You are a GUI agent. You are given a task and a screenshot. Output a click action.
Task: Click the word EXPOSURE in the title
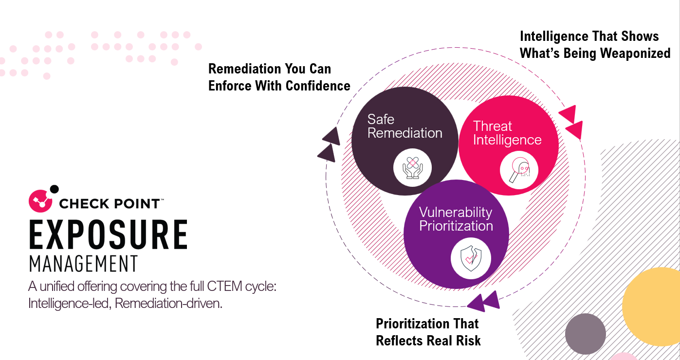coord(108,235)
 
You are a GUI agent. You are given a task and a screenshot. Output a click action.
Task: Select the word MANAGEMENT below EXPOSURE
coord(83,264)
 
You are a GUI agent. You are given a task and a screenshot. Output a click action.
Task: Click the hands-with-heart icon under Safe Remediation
coord(412,167)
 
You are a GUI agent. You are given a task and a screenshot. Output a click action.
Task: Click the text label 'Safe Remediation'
coord(404,126)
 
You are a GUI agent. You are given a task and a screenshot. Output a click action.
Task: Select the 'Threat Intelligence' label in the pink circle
coord(507,133)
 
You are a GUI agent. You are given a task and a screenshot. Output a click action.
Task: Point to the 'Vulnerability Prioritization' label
coord(456,219)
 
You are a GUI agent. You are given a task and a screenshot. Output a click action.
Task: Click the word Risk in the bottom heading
coord(467,341)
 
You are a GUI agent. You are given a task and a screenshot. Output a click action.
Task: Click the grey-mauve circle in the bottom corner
coord(585,334)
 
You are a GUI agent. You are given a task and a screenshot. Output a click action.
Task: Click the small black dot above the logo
coord(55,189)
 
